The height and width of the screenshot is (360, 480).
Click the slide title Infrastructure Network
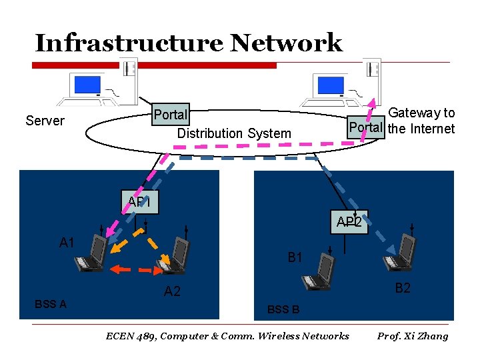click(188, 43)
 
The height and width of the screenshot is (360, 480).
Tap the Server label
click(45, 121)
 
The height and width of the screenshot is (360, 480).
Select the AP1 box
click(139, 201)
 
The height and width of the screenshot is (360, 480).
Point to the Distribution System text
click(234, 133)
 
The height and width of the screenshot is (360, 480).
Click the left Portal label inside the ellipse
click(170, 115)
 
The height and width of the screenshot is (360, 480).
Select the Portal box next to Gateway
click(365, 127)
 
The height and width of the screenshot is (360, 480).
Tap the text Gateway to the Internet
click(421, 121)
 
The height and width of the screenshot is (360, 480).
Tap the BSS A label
click(51, 304)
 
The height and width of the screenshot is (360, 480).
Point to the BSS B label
click(283, 309)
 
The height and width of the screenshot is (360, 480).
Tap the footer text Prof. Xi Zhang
click(413, 336)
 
